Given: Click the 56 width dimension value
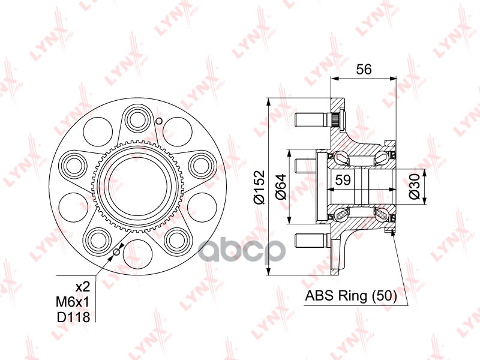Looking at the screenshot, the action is click(364, 69).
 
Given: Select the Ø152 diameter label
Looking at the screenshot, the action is click(259, 187).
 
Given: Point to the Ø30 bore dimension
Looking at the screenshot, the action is click(415, 187).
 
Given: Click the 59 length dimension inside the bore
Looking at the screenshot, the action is click(343, 180).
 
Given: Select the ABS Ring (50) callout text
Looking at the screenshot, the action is click(351, 296).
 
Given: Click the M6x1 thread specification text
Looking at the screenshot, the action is click(73, 302).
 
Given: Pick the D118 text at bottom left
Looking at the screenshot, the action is click(73, 317).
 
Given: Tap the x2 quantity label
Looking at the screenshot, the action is click(83, 287).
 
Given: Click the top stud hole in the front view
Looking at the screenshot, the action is click(137, 119).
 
